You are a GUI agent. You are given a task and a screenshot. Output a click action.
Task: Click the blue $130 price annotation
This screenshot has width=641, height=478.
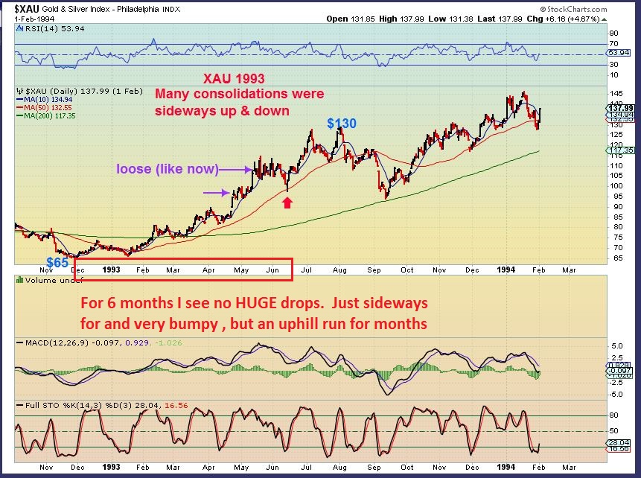pyautogui.click(x=341, y=123)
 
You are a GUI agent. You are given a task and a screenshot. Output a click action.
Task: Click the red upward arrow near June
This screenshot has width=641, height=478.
pyautogui.click(x=287, y=200)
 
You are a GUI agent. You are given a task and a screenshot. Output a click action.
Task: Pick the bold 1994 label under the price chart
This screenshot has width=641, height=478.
pyautogui.click(x=510, y=270)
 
